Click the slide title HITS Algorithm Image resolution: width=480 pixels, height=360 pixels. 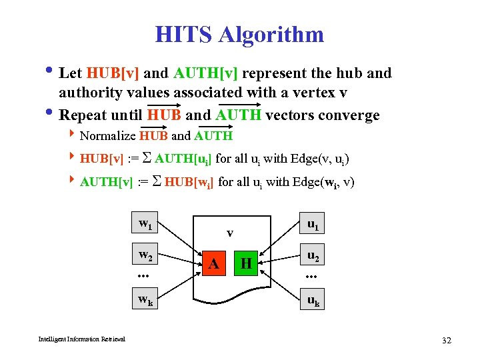[239, 34]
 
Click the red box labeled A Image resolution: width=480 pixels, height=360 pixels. [214, 263]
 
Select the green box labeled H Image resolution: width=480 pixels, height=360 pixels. [246, 263]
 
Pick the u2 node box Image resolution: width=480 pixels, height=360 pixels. [311, 255]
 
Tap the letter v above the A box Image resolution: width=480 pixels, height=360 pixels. [229, 233]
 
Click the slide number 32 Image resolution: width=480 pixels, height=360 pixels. [446, 340]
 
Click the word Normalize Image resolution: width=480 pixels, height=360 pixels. [107, 136]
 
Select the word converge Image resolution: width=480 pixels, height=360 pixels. [345, 115]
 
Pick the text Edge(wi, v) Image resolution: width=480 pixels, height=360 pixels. [321, 181]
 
